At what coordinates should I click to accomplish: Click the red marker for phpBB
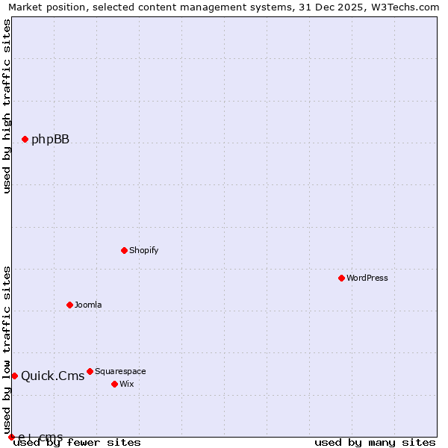[25, 139]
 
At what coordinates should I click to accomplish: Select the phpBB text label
[50, 139]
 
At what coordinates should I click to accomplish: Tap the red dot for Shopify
[124, 250]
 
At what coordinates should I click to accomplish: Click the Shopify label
[143, 250]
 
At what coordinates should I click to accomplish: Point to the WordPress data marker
[341, 278]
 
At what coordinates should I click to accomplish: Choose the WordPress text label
[367, 278]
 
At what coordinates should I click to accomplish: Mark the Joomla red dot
[69, 305]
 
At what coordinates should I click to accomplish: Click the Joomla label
[88, 305]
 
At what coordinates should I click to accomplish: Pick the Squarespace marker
[90, 371]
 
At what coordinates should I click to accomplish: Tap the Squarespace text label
[120, 371]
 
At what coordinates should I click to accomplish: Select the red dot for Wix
[114, 384]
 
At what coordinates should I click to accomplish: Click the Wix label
[127, 384]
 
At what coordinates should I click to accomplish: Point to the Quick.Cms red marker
[14, 376]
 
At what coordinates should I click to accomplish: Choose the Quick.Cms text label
[52, 376]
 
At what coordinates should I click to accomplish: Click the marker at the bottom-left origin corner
[11, 437]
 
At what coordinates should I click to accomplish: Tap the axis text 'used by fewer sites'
[77, 443]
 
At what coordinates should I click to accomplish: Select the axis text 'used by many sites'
[375, 443]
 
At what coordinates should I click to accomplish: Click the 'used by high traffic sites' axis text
[7, 106]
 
